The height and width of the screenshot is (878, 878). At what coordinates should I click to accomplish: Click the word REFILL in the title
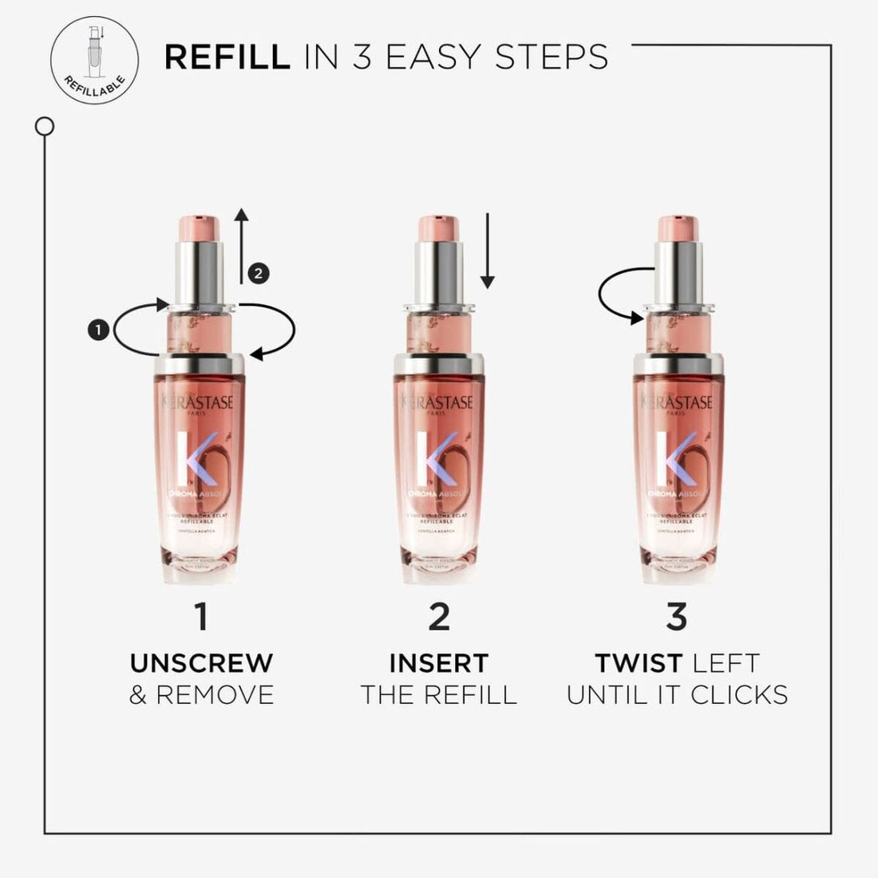227,57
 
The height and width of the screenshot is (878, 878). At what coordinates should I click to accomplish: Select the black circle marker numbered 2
258,273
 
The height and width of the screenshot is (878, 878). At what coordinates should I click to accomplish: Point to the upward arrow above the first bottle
243,243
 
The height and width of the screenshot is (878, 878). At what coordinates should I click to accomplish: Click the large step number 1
201,616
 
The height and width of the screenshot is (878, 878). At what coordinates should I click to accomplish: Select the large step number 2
439,616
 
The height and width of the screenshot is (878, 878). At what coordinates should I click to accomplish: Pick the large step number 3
677,616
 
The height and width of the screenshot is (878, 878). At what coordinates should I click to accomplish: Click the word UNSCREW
201,662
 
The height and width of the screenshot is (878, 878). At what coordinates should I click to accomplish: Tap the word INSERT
439,662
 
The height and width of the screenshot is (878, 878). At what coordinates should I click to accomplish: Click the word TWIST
639,662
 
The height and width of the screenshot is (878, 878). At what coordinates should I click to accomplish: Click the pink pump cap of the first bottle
201,228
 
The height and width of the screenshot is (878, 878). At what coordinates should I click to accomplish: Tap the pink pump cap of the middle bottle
440,228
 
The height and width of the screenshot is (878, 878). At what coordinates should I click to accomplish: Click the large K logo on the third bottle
669,459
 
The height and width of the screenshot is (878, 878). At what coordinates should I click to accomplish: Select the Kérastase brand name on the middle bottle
439,402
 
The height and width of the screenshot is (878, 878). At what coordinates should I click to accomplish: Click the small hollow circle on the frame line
45,126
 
